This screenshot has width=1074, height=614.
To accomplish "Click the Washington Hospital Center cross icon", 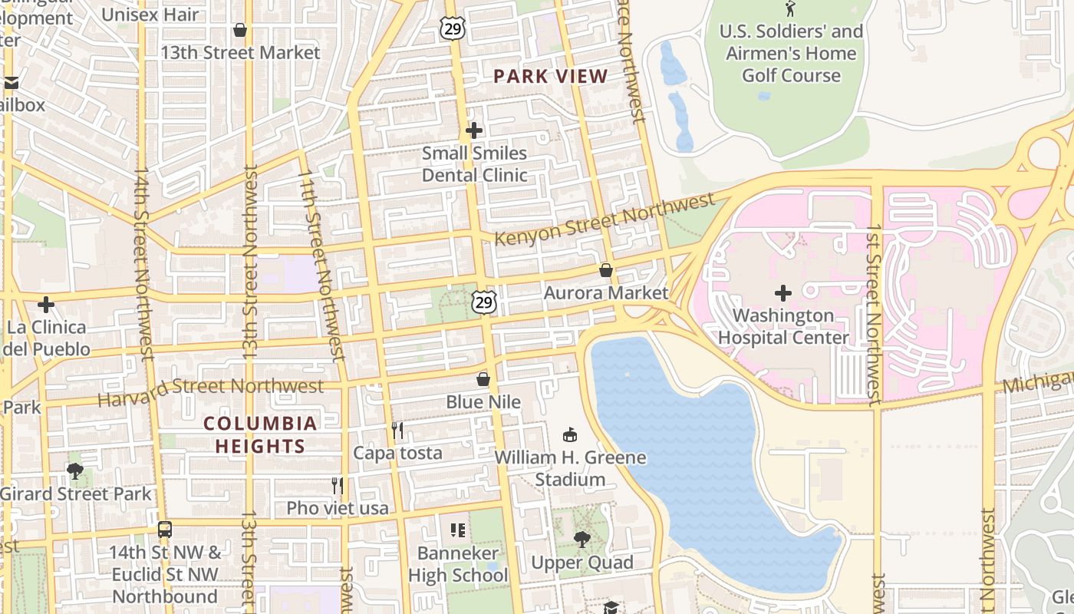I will pos(783,293).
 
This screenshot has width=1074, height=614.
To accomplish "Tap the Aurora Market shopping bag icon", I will pos(606,270).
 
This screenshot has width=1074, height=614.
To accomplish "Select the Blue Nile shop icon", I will pos(483,379).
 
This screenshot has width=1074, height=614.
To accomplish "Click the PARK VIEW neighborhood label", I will pos(550,76).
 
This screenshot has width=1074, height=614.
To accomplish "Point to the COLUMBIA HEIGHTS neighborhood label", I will pos(261,434).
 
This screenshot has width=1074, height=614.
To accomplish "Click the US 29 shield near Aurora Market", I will pos(483,302).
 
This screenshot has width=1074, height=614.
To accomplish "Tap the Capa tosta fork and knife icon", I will pos(397,430).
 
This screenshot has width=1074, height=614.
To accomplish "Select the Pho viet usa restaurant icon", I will pos(337,485).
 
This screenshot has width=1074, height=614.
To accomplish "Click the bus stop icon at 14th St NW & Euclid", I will pos(165,530).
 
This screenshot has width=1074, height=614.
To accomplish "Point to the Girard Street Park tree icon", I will pos(75,470).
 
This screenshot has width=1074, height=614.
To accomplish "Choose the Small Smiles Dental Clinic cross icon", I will pos(474,130).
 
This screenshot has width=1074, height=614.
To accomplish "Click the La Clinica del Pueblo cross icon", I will pos(46,305).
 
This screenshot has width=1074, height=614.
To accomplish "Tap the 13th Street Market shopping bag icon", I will pos(240,30).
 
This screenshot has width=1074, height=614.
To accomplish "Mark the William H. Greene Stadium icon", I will pos(570,435).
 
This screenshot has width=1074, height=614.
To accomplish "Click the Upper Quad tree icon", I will pos(582,540).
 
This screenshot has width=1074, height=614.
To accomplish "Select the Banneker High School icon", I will pos(458,530).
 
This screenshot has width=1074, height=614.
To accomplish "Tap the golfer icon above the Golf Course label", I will pos(791,9).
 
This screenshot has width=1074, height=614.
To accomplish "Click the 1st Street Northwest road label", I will pos(874,315).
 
